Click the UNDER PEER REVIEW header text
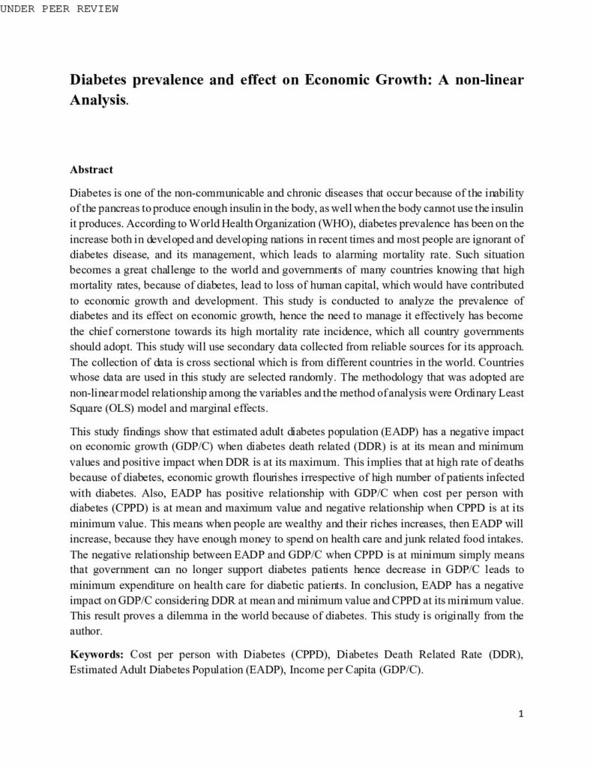[59, 9]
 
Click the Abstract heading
[91, 170]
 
